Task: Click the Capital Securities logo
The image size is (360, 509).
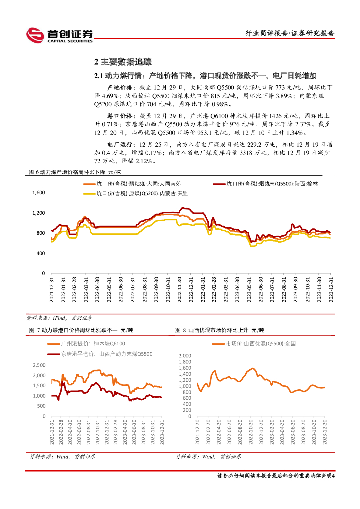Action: (x=60, y=34)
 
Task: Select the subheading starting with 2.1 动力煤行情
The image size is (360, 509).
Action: (x=205, y=76)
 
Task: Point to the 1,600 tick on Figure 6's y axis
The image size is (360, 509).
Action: (x=39, y=193)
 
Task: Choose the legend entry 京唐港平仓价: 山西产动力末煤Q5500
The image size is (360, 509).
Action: (x=106, y=354)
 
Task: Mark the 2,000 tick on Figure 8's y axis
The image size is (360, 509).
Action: (x=184, y=356)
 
